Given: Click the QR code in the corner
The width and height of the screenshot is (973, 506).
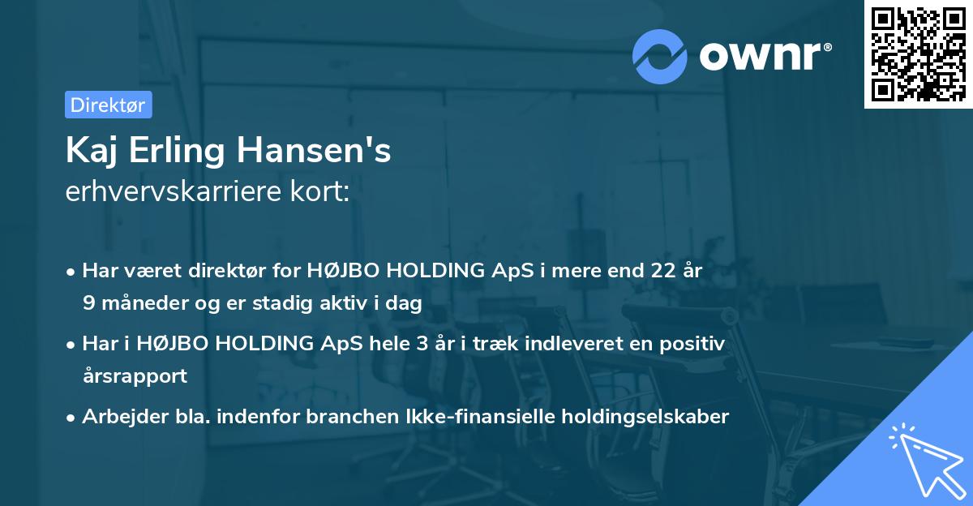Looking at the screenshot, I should coord(918,54).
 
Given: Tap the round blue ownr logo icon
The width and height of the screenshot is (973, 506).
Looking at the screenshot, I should coord(660,56).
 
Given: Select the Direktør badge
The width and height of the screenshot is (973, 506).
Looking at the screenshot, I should coord(108,105).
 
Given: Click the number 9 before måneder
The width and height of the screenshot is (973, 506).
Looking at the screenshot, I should coord(88,303).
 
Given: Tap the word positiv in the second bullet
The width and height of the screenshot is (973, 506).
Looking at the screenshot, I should coord(694,344).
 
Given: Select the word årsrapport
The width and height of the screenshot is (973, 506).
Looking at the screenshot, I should coord(135,375).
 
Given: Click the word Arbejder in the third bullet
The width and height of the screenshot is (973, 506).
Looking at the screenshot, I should coord(116,416).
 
